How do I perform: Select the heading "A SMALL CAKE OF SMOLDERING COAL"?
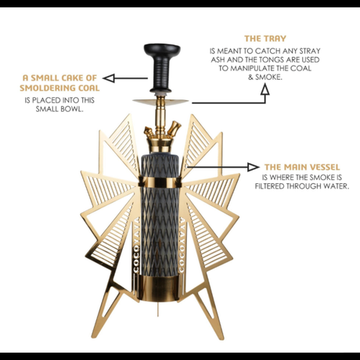coord(60,83)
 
